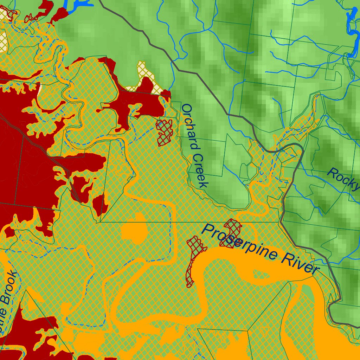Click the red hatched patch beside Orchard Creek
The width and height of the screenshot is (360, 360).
coord(165,132)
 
